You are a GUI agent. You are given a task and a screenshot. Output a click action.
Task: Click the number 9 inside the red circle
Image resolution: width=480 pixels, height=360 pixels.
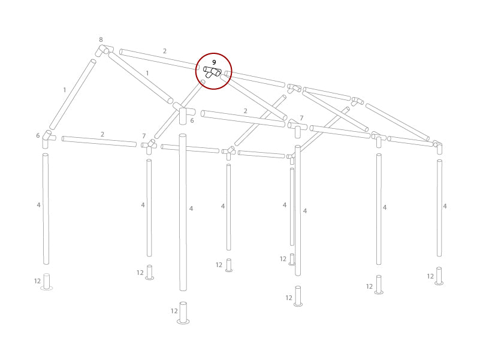pos(214,62)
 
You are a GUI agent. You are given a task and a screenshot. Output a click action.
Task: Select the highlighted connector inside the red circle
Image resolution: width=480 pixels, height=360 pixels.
pos(213,72)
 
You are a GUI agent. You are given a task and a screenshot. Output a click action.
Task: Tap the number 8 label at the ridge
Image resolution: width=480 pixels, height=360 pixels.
pos(101,40)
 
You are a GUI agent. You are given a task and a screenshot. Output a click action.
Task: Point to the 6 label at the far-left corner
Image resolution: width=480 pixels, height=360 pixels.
pos(38,136)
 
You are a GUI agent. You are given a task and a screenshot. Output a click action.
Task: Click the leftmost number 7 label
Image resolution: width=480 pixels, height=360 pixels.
pos(144,137)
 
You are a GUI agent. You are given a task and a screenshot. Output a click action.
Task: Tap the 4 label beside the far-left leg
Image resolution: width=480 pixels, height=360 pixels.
pos(38,205)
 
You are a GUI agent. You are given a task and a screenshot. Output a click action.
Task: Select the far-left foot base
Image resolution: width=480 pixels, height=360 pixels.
pos(46,282)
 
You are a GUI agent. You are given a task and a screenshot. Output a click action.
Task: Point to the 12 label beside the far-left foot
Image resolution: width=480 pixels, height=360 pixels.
pos(37,282)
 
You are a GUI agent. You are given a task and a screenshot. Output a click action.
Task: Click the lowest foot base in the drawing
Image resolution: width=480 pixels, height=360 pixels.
pos(183,313)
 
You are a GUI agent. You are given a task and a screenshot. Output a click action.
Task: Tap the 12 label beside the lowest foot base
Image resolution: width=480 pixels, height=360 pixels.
pos(174,311)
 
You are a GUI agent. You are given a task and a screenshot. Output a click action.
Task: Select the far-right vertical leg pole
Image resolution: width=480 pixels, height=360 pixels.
pos(439,208)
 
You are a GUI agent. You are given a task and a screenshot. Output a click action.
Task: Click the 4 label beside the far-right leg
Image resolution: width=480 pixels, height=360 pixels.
pos(445,207)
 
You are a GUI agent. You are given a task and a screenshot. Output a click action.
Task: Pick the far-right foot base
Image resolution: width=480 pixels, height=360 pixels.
pos(439,276)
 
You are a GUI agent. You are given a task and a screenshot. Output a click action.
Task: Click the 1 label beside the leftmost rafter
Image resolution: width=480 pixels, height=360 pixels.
pos(65,90)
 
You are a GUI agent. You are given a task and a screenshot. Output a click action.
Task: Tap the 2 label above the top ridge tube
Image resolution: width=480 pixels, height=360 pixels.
pos(165,52)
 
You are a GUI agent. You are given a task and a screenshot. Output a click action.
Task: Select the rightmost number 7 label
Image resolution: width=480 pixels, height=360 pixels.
pos(301,119)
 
